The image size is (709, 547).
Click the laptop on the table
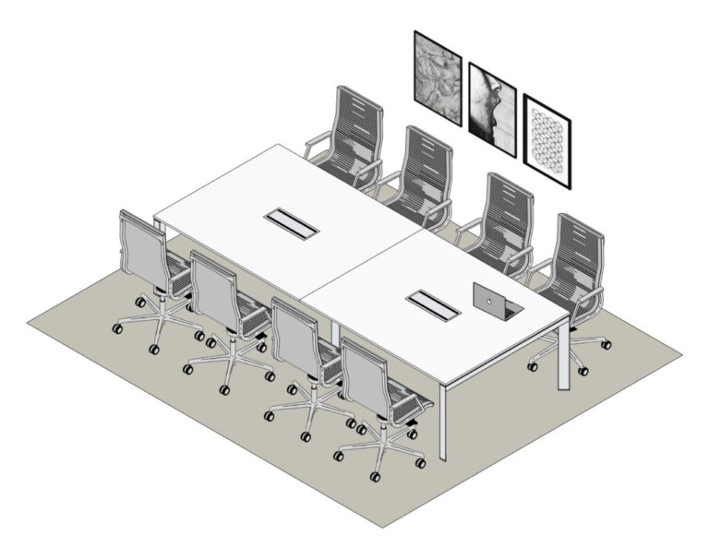(497, 301)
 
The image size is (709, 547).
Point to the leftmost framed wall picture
(437, 77)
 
